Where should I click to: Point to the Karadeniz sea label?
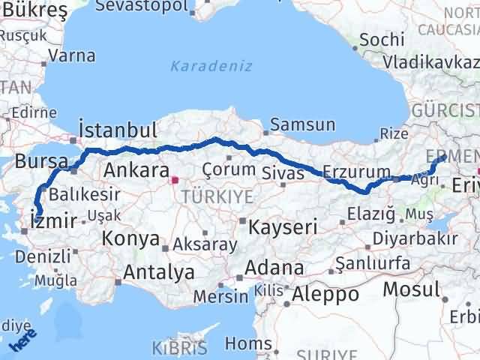tap(200, 66)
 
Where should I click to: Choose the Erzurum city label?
tap(357, 171)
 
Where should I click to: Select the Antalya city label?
tap(159, 272)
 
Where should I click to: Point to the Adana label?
tap(277, 268)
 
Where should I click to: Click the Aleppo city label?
tap(325, 294)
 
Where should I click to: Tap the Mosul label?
tap(411, 289)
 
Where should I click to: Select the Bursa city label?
tap(41, 161)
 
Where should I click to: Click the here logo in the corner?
tap(22, 343)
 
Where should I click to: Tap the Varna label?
tap(72, 55)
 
